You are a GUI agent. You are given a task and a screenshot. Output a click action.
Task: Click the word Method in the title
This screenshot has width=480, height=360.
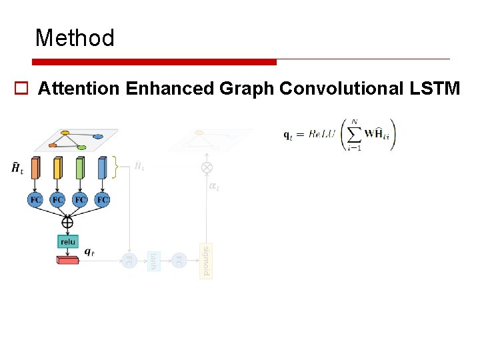tap(75, 38)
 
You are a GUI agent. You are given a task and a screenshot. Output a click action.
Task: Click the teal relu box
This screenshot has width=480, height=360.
tap(68, 241)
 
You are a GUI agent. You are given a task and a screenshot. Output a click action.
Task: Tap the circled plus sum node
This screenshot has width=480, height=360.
tap(67, 222)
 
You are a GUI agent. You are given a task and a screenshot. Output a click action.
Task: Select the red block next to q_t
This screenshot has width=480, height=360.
tap(67, 259)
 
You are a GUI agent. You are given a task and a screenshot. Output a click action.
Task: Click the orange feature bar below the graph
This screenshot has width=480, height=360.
tap(36, 168)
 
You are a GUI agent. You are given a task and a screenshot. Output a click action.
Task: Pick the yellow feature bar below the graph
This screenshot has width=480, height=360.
tap(58, 168)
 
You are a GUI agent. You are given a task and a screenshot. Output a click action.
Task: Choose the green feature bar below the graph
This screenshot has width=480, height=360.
tap(80, 168)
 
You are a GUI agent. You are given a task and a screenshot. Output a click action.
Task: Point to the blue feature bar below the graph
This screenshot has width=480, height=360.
tap(102, 168)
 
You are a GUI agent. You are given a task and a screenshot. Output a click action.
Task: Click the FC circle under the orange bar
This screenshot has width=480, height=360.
tap(36, 199)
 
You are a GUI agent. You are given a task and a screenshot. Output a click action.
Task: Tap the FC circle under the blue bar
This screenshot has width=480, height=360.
tap(102, 199)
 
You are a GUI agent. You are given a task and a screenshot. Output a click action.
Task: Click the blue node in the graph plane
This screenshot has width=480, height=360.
tap(97, 136)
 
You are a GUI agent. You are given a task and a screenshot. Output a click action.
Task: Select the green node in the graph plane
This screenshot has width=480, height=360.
tap(81, 147)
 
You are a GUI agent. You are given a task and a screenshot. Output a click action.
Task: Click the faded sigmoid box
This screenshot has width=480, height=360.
tap(206, 261)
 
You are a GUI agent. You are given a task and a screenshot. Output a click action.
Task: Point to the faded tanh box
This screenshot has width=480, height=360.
tap(153, 261)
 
